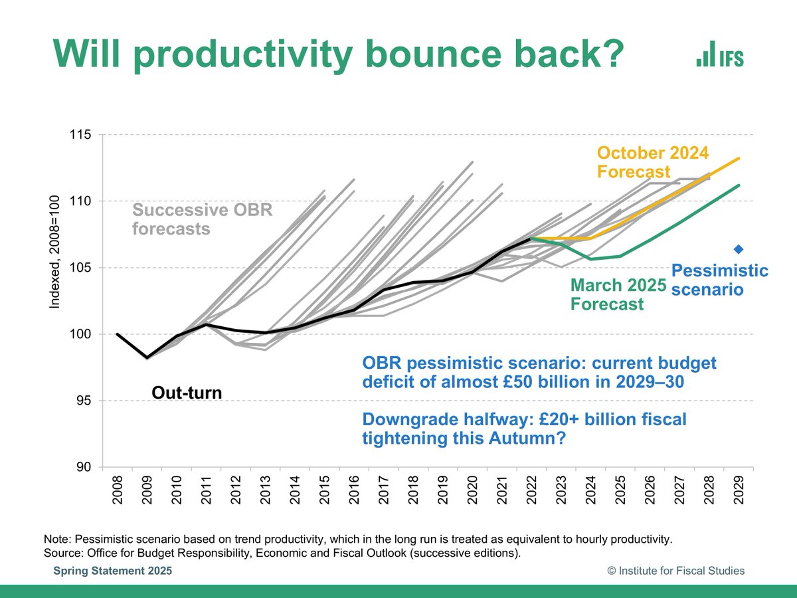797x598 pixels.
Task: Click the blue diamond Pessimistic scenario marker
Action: pos(738,249)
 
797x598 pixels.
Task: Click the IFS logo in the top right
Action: pos(720,54)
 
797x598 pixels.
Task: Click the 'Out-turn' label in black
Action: pos(187,393)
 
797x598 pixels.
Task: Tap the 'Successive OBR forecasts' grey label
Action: pos(202,220)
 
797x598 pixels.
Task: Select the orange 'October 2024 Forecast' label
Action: pos(653,162)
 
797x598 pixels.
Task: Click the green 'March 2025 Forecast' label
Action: pos(618,294)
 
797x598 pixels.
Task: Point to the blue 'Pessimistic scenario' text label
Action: pos(719,280)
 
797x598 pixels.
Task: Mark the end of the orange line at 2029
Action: pos(739,158)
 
